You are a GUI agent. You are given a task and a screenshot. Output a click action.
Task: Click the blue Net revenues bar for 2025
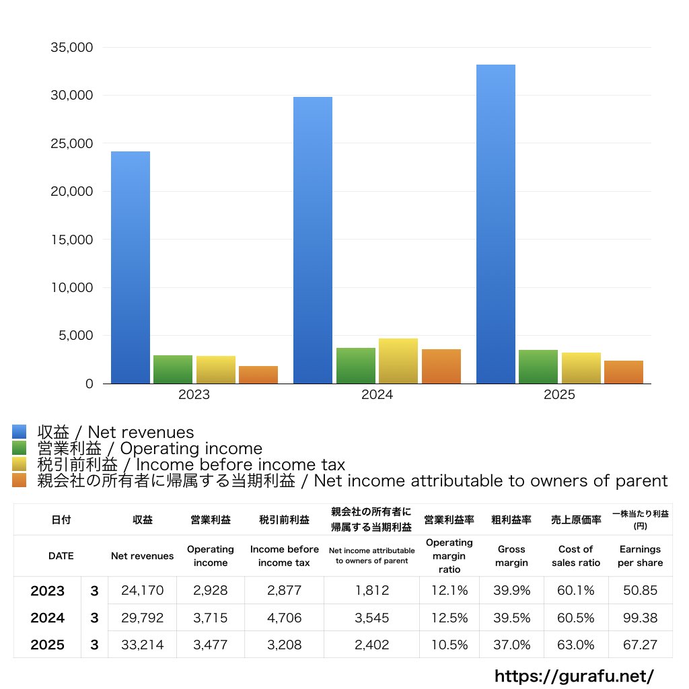tap(496, 224)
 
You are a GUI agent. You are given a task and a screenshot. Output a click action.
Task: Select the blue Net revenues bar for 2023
tap(131, 267)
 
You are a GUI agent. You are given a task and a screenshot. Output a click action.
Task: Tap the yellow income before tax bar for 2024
tap(398, 361)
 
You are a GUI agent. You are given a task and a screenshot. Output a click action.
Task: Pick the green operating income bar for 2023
tap(173, 369)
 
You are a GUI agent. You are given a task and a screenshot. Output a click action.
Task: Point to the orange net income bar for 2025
tap(624, 372)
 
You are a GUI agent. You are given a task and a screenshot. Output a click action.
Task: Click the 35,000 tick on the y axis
tap(72, 48)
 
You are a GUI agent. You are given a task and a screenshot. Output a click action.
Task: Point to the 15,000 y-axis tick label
tap(72, 240)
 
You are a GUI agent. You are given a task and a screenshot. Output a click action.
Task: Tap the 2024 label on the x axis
tap(377, 395)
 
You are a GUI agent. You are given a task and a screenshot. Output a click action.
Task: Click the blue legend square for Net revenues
tap(20, 432)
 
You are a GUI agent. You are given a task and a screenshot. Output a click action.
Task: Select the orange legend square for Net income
tap(20, 480)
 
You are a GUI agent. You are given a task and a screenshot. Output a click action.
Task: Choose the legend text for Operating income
tap(149, 448)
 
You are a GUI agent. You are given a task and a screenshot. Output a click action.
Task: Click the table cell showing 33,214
tap(142, 645)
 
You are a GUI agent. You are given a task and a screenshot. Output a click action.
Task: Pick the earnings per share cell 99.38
tap(640, 618)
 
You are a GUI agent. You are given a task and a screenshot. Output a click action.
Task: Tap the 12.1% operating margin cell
tap(449, 591)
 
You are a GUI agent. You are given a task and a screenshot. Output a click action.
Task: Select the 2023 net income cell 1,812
tap(371, 591)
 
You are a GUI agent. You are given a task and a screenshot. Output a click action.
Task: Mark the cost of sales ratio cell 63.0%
tap(575, 645)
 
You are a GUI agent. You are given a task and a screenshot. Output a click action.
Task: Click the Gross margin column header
tap(511, 556)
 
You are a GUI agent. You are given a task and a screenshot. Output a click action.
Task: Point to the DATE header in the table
tap(61, 556)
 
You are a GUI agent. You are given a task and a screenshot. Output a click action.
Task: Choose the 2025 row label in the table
tap(48, 645)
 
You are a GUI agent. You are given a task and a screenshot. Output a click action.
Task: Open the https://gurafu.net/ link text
tap(574, 676)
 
